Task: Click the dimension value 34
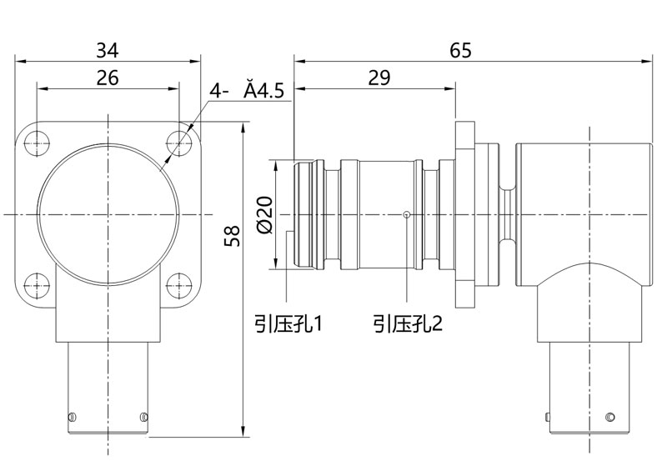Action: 108,50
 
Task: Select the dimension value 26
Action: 108,78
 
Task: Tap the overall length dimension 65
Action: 461,50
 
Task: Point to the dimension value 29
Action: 379,78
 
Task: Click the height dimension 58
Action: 233,236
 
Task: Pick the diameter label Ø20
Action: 264,215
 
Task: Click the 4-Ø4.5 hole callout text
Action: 247,91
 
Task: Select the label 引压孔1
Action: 288,324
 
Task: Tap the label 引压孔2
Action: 408,324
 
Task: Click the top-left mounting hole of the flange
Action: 37,143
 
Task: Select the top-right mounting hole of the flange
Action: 178,143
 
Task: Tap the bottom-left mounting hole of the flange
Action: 37,285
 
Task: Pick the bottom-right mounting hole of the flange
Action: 178,285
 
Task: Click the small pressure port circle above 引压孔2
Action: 407,214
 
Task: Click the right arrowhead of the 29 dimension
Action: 450,89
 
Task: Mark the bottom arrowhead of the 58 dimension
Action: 243,431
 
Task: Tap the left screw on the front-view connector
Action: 72,416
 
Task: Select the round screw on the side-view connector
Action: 610,417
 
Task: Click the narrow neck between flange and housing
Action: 508,215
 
